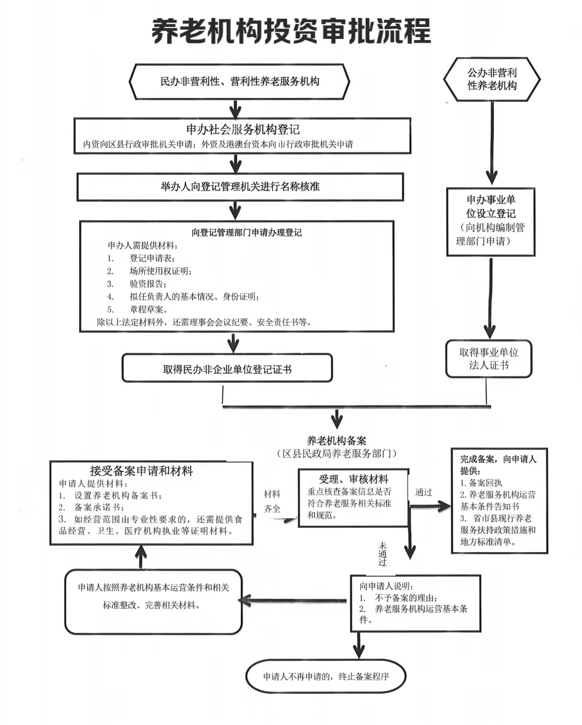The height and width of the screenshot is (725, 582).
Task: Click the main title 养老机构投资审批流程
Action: point(291,31)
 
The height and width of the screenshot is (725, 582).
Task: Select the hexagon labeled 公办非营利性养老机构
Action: point(491,79)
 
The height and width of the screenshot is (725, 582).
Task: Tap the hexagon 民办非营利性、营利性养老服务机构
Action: point(240,82)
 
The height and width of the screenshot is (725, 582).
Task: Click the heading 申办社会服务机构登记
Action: point(242,129)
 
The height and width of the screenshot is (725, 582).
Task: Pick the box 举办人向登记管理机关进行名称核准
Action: point(240,187)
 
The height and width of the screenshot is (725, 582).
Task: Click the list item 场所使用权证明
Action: point(160,271)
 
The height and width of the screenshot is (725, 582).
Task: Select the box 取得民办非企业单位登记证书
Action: point(227,369)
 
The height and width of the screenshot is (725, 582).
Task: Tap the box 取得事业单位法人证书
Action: point(488,359)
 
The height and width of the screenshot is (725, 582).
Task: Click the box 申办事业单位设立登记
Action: point(490,221)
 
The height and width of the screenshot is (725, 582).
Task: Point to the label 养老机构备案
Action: point(336,441)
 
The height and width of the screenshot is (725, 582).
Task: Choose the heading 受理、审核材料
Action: point(354,479)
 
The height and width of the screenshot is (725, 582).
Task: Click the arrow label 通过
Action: point(424,492)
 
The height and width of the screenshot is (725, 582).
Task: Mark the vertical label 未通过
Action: point(383,554)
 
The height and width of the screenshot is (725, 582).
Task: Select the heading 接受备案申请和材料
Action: point(141,471)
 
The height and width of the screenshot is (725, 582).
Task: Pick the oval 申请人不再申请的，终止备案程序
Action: point(326,677)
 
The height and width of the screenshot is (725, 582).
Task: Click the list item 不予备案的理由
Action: point(406,598)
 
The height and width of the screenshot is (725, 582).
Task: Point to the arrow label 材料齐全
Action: point(272,501)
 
